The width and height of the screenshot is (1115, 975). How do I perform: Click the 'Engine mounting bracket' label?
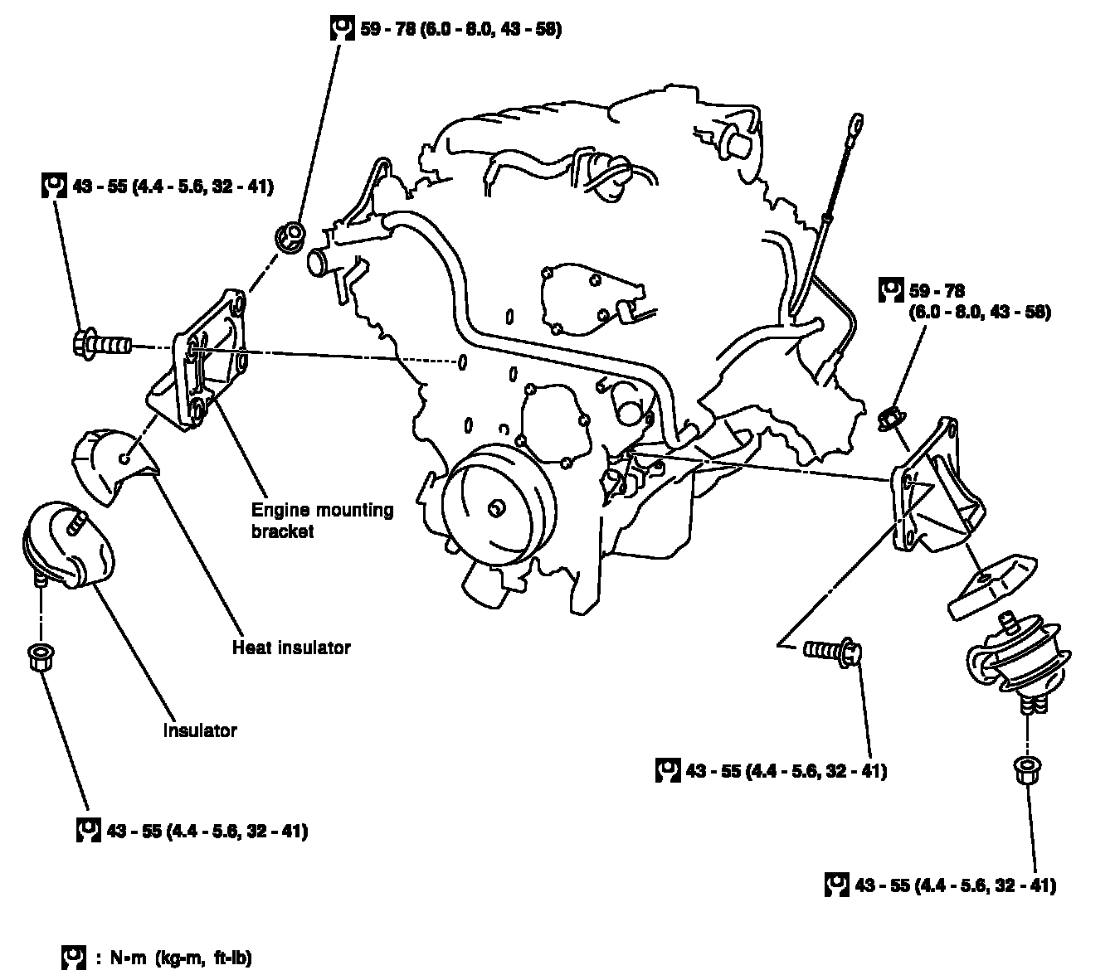322,521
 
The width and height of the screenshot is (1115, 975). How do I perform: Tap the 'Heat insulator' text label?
291,648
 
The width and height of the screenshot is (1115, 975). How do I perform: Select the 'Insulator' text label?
200,730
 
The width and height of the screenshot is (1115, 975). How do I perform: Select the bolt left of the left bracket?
102,342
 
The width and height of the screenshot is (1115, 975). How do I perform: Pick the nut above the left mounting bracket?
291,235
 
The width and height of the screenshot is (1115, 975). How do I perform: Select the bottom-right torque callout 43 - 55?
955,885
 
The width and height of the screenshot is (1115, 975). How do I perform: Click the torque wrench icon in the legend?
74,958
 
